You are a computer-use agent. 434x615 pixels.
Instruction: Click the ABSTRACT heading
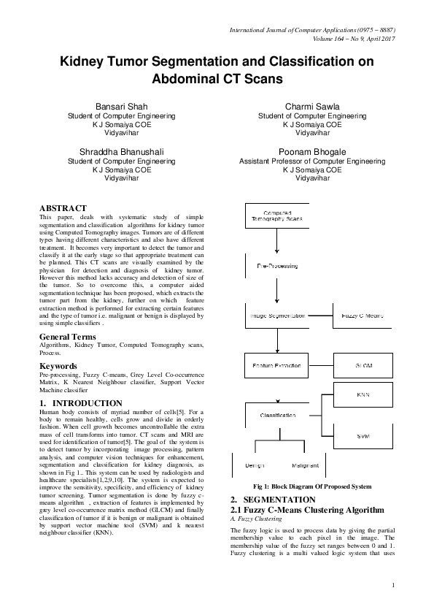pos(63,208)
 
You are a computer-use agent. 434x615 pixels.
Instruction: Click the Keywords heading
pos(59,364)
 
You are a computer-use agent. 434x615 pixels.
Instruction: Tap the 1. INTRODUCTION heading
pos(81,403)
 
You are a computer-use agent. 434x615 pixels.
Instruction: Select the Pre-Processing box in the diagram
pos(277,266)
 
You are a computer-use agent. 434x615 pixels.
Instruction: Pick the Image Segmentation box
pos(277,316)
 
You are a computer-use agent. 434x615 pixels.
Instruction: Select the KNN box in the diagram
pos(363,394)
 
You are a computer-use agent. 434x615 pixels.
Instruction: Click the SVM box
pos(363,435)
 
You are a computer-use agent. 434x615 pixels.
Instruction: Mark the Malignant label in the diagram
pos(305,465)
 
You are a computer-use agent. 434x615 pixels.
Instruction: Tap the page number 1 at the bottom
pos(392,584)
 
